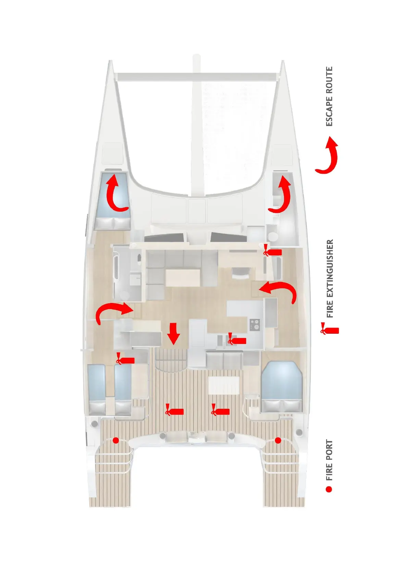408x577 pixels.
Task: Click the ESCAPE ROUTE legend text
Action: [329, 97]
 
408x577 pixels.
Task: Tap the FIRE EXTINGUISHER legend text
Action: [330, 278]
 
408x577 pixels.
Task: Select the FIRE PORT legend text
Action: [329, 460]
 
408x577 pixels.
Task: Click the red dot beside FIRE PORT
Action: [329, 489]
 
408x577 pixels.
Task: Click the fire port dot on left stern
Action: [116, 440]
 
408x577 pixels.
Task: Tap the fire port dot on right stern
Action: [278, 440]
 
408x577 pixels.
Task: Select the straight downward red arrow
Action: [174, 333]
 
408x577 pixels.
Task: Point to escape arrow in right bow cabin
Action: [281, 195]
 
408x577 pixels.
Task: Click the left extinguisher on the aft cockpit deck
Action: [174, 410]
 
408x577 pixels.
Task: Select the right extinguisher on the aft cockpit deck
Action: [220, 410]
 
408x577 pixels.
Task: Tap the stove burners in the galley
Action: [255, 324]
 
